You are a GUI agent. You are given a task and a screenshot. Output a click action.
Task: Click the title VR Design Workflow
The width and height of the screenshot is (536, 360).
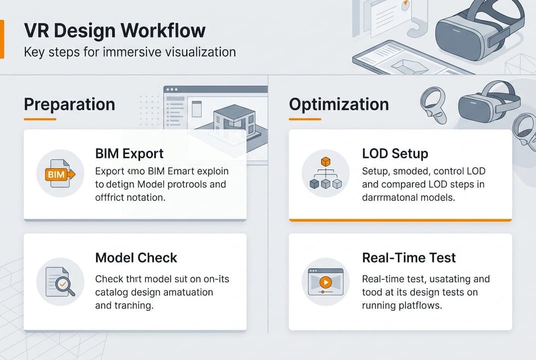pyautogui.click(x=114, y=30)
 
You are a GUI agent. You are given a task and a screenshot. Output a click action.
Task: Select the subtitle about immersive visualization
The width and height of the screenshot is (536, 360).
pyautogui.click(x=129, y=52)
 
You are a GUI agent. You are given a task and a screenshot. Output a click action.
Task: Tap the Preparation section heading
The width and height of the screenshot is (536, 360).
pyautogui.click(x=69, y=104)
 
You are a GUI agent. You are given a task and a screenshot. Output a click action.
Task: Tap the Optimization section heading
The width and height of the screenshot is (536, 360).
pyautogui.click(x=339, y=104)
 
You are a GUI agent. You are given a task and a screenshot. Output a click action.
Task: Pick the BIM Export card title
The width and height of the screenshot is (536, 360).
pyautogui.click(x=129, y=153)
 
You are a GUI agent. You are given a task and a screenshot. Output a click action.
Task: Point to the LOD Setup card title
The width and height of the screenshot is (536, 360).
pyautogui.click(x=395, y=153)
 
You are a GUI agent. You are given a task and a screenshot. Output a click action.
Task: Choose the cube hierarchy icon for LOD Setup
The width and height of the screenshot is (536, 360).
pyautogui.click(x=325, y=173)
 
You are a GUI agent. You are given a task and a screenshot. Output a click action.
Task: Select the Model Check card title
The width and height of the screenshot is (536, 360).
pyautogui.click(x=136, y=258)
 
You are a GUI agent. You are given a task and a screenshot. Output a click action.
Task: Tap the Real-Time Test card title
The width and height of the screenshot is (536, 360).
pyautogui.click(x=409, y=258)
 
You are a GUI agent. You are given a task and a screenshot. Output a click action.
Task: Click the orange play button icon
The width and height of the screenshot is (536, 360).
pyautogui.click(x=325, y=282)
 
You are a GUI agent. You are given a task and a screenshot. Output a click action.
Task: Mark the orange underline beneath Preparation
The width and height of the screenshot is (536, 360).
pyautogui.click(x=40, y=119)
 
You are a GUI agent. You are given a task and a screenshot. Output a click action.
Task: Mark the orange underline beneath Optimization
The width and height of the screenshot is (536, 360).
pyautogui.click(x=305, y=119)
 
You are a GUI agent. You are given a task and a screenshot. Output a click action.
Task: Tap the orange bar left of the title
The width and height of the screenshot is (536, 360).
pyautogui.click(x=2, y=39)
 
